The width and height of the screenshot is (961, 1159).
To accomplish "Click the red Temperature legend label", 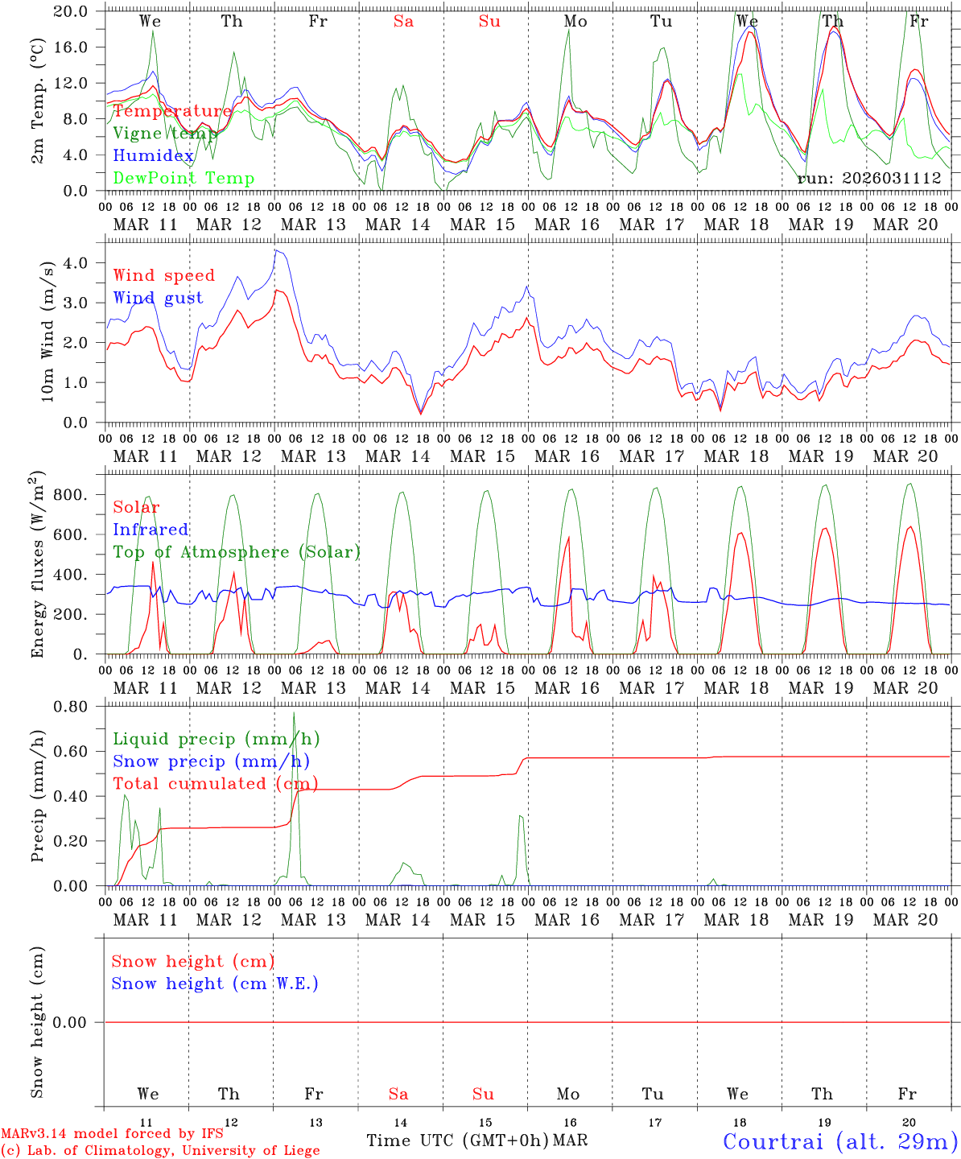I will [172, 111].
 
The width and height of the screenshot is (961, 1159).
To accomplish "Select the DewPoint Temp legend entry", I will [184, 179].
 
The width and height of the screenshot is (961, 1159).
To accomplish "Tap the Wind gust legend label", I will [158, 298].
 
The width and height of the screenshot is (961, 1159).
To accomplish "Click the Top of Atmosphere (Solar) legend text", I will [237, 552].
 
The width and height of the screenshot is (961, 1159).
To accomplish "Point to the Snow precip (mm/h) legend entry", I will [211, 761].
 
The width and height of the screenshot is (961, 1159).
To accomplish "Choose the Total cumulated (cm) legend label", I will [215, 783].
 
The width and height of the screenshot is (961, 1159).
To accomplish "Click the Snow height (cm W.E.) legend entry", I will [215, 984].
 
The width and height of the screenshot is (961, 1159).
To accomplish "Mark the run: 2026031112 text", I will [869, 179].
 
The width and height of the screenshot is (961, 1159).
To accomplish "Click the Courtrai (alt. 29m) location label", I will [840, 1141].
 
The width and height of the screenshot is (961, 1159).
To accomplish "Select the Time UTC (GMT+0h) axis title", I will [457, 1140].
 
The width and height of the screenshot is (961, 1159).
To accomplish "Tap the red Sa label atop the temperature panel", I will [403, 22].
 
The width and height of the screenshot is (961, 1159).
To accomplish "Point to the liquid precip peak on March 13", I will [294, 713].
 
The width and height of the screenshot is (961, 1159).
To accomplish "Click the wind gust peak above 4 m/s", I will [276, 250].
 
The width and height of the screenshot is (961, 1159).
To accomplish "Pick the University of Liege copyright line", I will [160, 1151].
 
